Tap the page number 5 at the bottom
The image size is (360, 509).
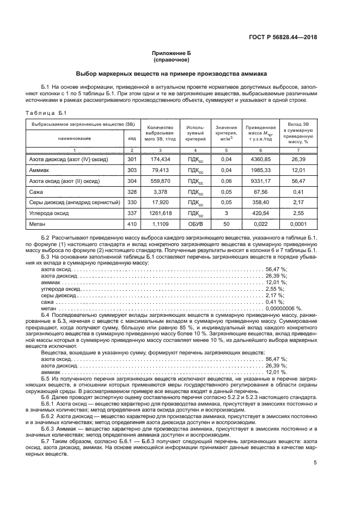(315, 463)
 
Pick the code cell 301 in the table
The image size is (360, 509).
(131, 160)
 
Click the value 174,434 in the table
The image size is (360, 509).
(160, 160)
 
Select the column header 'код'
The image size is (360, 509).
(131, 139)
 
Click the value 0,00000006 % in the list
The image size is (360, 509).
(284, 308)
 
